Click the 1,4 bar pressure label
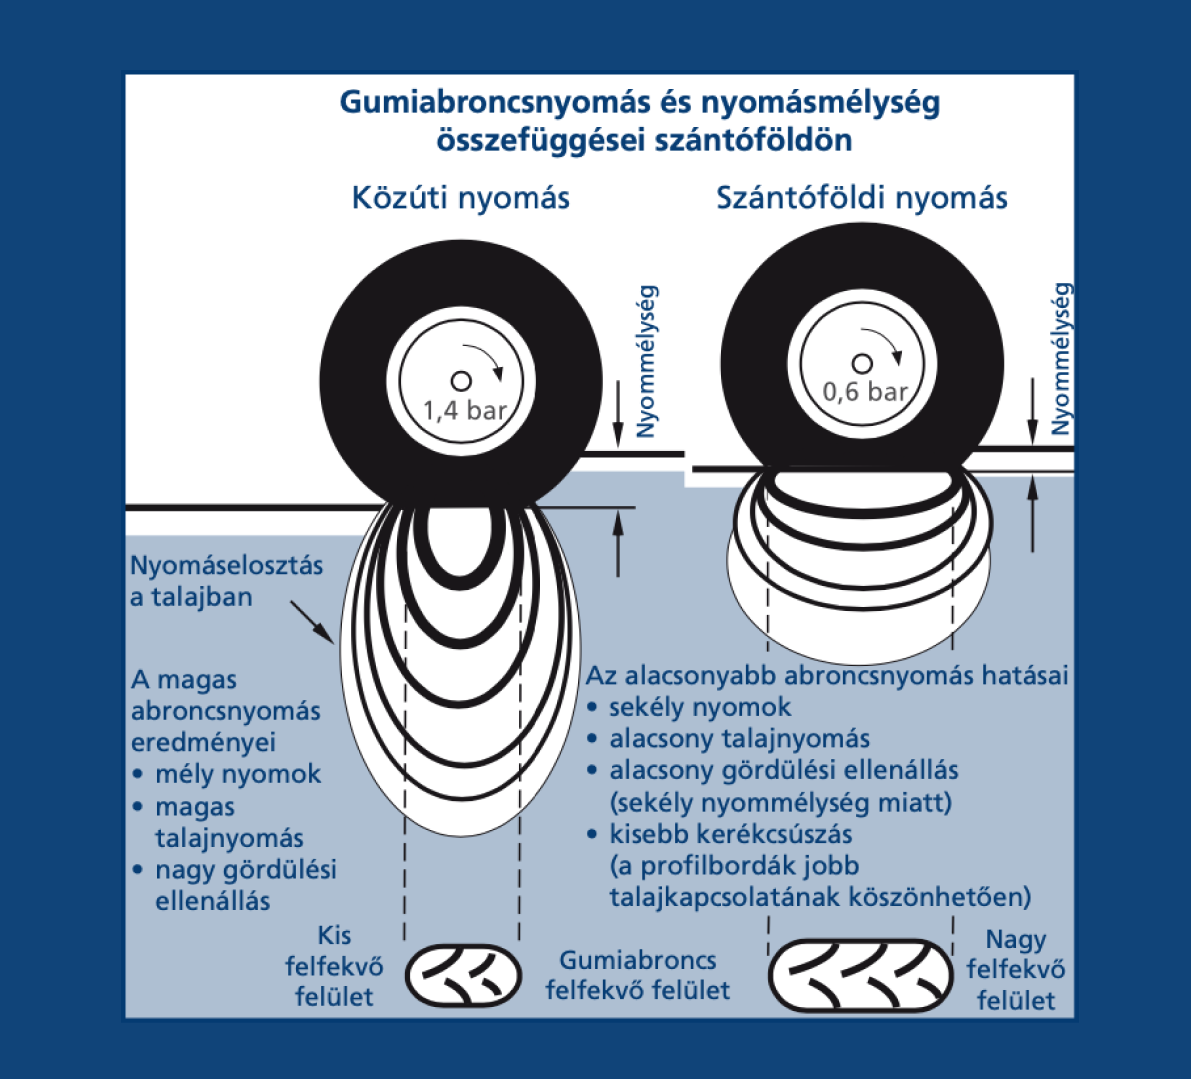point(465,410)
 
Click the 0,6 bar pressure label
point(865,391)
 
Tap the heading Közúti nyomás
point(460,197)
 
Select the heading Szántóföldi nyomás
point(861,197)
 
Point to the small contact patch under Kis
point(463,974)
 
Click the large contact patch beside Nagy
point(860,974)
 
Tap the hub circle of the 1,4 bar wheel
point(461,381)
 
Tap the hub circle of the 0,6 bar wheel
point(861,363)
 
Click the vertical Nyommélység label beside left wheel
point(647,361)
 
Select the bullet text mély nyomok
point(238,774)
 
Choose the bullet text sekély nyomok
point(700,707)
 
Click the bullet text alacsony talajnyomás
point(739,739)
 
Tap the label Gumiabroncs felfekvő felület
point(638,975)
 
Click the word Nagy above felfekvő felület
point(1015,939)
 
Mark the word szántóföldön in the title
point(753,139)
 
